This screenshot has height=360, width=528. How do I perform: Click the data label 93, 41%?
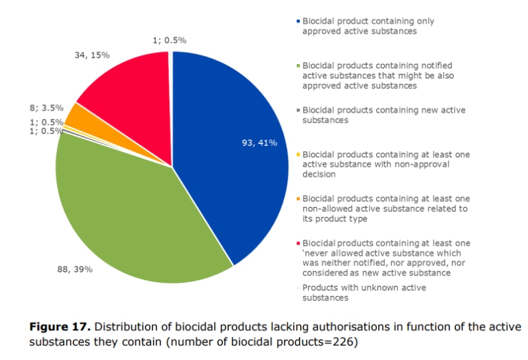(259, 143)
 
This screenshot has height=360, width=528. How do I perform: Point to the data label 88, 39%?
(75, 270)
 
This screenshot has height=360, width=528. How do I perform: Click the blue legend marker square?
(298, 22)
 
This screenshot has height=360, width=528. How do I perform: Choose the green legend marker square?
(298, 66)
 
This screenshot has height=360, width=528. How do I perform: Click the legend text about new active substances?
(383, 116)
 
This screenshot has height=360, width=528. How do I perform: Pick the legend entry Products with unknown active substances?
(363, 293)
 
